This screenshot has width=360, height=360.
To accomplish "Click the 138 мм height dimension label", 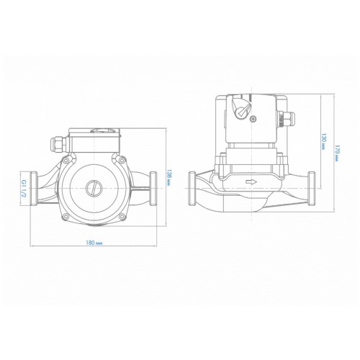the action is (169, 179).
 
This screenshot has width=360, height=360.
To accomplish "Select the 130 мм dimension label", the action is (323, 141).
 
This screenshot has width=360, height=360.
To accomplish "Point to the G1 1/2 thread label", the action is (24, 189).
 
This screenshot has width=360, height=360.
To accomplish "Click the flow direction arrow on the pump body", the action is (251, 181).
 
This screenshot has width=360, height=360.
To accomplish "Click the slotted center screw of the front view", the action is (94, 188).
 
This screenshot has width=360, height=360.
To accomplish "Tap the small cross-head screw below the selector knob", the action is (253, 118).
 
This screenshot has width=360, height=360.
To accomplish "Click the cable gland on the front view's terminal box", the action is (60, 144).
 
